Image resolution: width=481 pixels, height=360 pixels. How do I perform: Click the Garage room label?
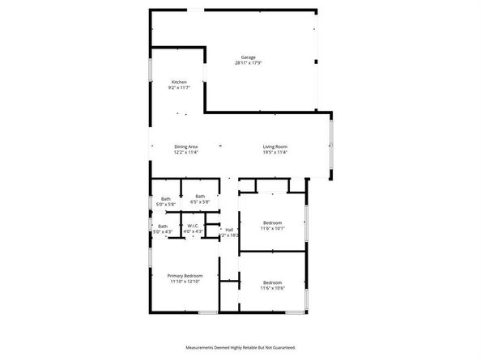pos(248,57)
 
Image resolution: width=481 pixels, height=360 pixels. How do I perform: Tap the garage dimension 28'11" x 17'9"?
pos(248,63)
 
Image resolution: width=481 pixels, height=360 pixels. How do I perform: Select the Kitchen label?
pos(179,82)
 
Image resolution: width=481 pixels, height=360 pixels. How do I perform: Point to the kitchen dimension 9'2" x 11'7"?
pos(179,87)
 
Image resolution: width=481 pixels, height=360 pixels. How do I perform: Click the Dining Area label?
pos(185,146)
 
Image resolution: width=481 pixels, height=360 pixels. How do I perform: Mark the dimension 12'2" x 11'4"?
pos(185,152)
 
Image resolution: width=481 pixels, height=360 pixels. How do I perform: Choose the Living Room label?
pos(275,146)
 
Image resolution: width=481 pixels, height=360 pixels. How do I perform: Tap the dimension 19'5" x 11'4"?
pos(275,152)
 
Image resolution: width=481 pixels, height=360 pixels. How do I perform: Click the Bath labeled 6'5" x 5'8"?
pos(200,197)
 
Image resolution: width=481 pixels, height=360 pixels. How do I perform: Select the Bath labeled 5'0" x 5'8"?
pos(165,199)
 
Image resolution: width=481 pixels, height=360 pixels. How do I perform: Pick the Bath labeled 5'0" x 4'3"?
pos(163,227)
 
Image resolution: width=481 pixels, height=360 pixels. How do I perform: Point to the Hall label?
pos(229,230)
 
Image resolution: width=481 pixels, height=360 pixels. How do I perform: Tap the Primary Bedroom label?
pos(185,276)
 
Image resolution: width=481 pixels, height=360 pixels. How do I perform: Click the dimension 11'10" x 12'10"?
pos(185,282)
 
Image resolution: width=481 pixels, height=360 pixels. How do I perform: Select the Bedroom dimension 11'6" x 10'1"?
pos(272,228)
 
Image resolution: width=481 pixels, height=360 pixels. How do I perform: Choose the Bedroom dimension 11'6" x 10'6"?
pos(272,288)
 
